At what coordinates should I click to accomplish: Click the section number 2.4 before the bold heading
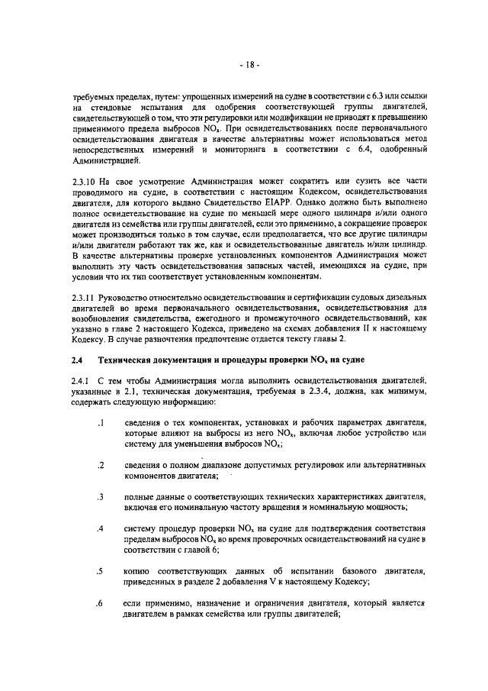point(78,358)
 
